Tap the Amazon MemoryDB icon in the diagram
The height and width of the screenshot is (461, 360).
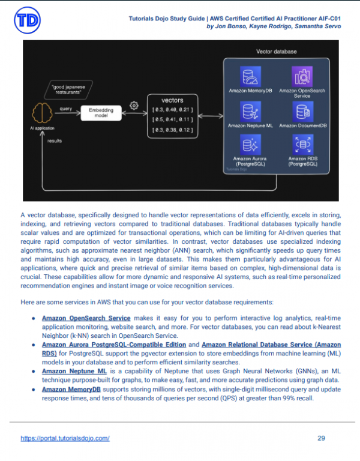click(x=247, y=76)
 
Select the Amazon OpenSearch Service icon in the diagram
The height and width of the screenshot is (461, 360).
click(x=302, y=76)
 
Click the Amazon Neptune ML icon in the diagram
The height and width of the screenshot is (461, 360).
click(x=247, y=112)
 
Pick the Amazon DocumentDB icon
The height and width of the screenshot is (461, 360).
click(x=302, y=112)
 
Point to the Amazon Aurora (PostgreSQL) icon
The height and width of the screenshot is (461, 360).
click(x=247, y=145)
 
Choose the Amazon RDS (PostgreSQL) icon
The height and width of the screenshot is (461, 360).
click(x=302, y=145)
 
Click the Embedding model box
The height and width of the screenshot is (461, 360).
click(x=101, y=113)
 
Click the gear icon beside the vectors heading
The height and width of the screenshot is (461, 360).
click(x=134, y=106)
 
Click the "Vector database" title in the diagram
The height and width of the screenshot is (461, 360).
click(x=276, y=52)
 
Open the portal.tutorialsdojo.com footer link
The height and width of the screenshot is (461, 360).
click(x=65, y=438)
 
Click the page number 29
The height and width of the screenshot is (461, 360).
click(x=321, y=438)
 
